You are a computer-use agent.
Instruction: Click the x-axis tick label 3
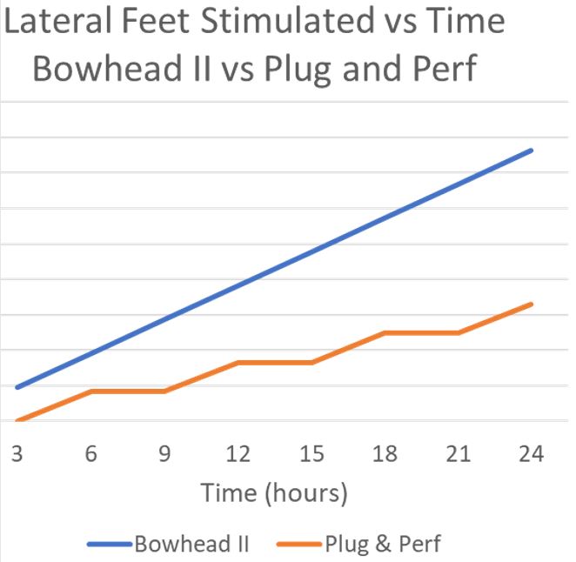coord(17,455)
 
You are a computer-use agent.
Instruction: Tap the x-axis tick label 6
coord(90,455)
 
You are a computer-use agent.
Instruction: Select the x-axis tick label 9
coord(164,455)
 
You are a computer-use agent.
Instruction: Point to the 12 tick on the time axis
coord(238,455)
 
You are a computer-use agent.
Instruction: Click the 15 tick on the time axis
coord(311,455)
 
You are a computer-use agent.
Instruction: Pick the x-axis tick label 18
coord(385,455)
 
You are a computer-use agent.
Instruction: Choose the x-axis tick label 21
coord(458,455)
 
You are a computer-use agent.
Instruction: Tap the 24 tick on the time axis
coord(531,455)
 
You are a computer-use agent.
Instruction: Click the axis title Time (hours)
coord(274,493)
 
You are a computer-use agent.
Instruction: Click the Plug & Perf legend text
coord(383,545)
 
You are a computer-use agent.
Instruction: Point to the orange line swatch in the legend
coord(299,545)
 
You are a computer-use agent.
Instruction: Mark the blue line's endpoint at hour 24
coord(531,151)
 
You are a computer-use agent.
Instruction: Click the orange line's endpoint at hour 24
coord(531,304)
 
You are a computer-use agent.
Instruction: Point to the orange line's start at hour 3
coord(17,420)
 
